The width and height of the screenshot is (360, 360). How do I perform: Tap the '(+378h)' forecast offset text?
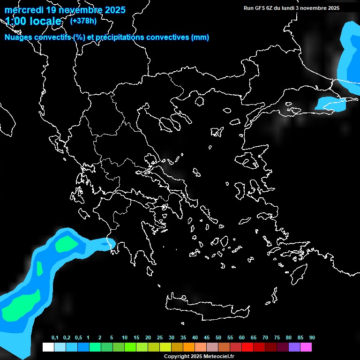tap(83, 21)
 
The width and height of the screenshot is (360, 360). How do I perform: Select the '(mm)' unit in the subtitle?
tap(200, 37)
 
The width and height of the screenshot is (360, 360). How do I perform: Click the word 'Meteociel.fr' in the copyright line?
tap(218, 356)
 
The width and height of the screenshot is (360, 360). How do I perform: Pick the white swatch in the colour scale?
tap(48, 347)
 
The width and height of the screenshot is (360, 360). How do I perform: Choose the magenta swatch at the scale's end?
tap(306, 347)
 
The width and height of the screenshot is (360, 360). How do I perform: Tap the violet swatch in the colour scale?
tap(294, 347)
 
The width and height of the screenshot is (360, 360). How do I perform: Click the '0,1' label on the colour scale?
tap(55, 338)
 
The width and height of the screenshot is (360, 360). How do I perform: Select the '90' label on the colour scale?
tap(312, 338)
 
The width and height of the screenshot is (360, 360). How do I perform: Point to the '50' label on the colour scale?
tap(218, 338)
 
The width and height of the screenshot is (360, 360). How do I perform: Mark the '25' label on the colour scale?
tap(160, 338)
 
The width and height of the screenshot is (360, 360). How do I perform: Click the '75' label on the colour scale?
tap(277, 338)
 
